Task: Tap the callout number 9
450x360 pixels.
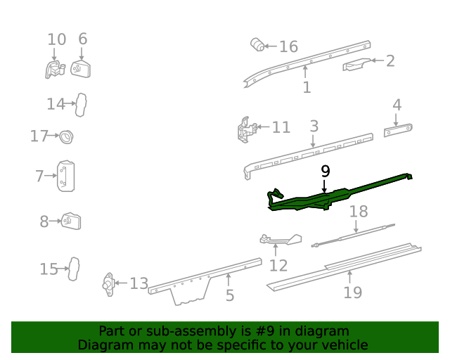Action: point(324,171)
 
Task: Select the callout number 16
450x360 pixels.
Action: point(288,47)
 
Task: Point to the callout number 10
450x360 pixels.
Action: point(56,39)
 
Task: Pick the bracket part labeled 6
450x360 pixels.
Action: point(82,69)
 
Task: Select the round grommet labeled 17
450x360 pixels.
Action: point(67,136)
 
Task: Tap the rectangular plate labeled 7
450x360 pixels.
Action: point(67,176)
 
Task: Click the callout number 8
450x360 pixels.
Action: point(44,222)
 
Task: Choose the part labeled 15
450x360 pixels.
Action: point(73,269)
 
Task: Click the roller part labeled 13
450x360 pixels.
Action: point(108,283)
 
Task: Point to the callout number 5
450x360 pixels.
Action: point(230,296)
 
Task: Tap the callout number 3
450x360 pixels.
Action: point(314,127)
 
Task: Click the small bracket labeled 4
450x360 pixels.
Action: point(398,131)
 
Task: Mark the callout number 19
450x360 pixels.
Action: point(352,292)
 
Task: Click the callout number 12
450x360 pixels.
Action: point(278,265)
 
